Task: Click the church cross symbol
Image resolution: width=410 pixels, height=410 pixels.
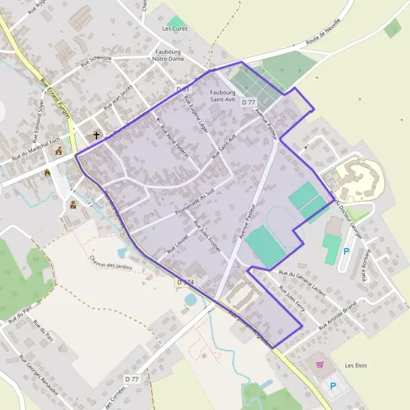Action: (96, 135)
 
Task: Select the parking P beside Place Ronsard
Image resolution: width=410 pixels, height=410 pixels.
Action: (345, 251)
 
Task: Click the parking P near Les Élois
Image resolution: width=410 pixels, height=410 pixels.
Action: (333, 386)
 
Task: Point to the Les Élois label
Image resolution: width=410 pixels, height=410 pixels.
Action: (356, 366)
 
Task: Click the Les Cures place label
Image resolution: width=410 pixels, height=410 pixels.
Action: (174, 29)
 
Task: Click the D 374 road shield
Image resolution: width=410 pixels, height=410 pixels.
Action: (185, 282)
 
